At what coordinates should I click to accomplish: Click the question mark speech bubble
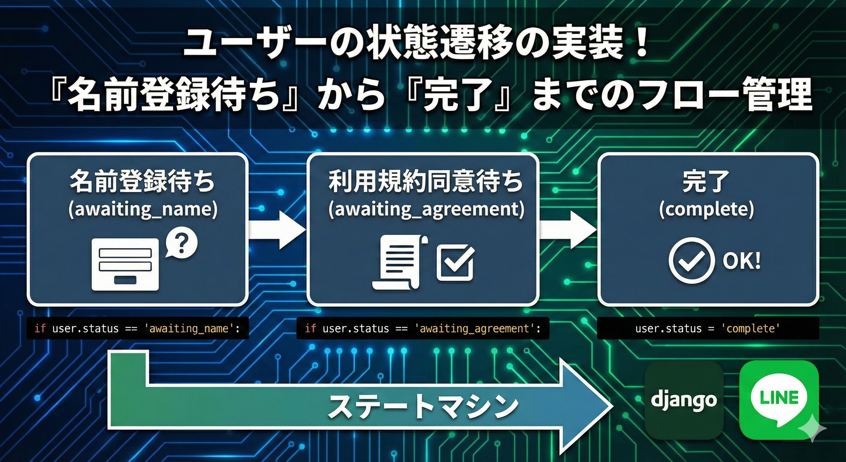point(181,244)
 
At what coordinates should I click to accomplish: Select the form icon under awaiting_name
point(125,264)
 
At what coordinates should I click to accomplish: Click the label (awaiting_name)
point(143,209)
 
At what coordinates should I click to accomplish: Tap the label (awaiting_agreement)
point(426,209)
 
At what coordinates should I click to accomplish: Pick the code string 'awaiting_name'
point(189,328)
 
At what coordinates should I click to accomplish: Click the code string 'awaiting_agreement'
point(475,328)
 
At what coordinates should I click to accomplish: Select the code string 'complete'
point(750,328)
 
